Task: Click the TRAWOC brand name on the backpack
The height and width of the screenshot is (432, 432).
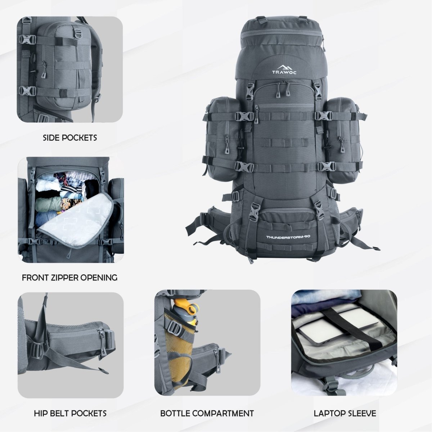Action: (284, 72)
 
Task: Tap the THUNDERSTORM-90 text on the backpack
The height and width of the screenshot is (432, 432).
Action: (288, 237)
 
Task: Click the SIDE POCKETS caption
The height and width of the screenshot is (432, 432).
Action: (70, 138)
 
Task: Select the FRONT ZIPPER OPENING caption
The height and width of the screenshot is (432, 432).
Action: (69, 278)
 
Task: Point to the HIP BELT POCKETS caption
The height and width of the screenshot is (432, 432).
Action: (70, 413)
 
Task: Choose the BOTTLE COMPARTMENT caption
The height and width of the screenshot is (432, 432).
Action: (207, 413)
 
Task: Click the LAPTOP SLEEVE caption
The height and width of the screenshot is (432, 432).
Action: (345, 413)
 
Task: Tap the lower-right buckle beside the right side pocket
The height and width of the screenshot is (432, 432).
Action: (327, 166)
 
